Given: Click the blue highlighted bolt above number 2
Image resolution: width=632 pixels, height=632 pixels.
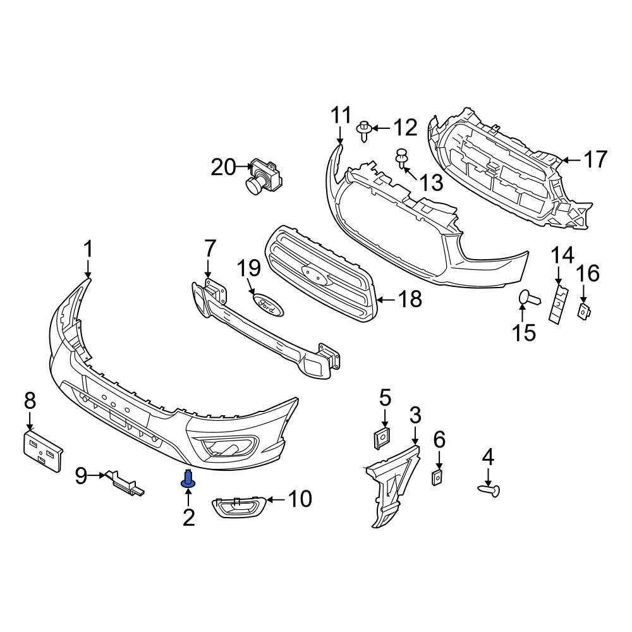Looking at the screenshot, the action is (188, 478).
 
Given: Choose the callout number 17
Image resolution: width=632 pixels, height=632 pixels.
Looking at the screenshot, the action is (596, 159).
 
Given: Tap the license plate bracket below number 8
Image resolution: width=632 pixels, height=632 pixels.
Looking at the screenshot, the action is (42, 450).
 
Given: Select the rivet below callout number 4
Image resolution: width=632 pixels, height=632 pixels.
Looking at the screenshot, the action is (489, 490).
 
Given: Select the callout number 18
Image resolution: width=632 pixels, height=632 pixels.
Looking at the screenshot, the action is (410, 299).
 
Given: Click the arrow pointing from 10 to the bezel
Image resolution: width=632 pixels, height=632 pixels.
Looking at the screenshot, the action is (277, 500).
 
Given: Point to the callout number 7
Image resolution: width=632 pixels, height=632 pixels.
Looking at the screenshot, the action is (210, 248).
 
